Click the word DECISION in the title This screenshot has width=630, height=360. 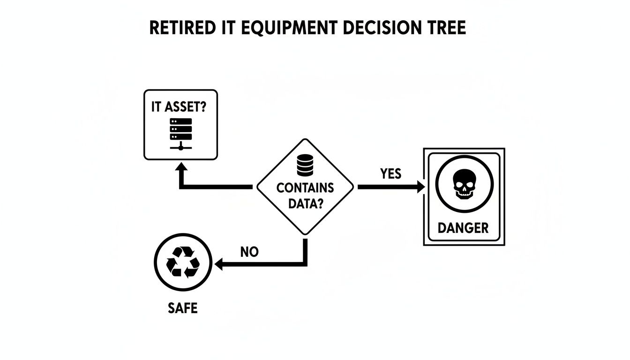tap(380, 28)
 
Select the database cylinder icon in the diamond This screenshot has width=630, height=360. tap(305, 165)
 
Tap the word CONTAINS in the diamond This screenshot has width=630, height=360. tap(305, 188)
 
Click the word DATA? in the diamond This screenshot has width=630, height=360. tap(305, 204)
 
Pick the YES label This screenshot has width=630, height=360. tap(390, 174)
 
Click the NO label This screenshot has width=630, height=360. tap(249, 252)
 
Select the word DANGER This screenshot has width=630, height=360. tap(463, 228)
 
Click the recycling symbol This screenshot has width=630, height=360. tap(183, 262)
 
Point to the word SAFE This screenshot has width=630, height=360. tap(182, 308)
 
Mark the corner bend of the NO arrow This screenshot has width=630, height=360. tap(305, 263)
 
